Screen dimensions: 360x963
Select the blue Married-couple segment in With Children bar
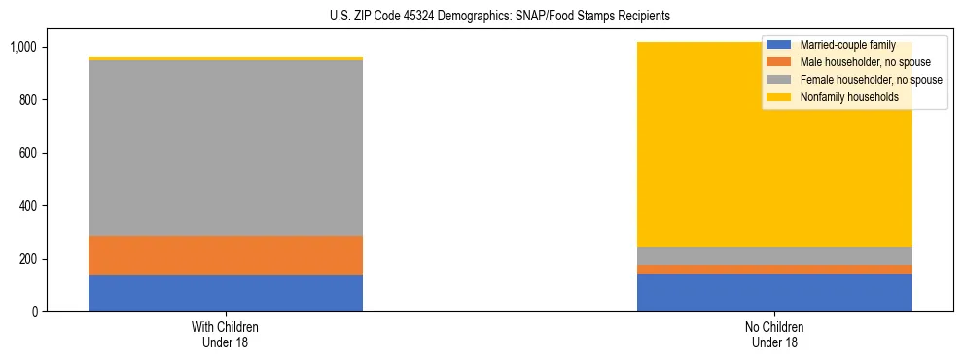click(226, 293)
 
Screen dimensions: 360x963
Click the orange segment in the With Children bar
click(226, 256)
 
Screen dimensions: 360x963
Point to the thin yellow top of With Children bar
click(226, 59)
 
